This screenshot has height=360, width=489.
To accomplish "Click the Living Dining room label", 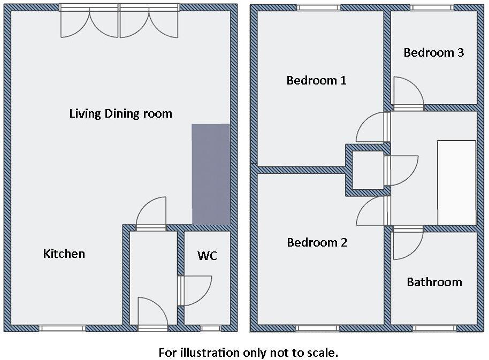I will (120, 113).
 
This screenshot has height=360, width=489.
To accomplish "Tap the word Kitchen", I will (64, 254).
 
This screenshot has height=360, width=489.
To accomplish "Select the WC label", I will (207, 256).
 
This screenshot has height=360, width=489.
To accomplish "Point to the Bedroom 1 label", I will (316, 80).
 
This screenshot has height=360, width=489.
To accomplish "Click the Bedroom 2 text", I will (317, 242).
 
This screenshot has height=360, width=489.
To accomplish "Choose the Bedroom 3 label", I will (433, 52).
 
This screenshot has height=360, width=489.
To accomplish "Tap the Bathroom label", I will (434, 282).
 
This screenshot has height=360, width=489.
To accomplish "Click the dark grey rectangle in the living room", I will (211, 174).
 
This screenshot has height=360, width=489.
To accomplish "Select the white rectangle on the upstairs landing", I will (456, 182).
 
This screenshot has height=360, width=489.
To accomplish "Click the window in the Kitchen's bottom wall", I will (62, 328).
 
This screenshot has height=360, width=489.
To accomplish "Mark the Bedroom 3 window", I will (432, 7).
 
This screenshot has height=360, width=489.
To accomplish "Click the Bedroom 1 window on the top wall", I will (318, 7).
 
